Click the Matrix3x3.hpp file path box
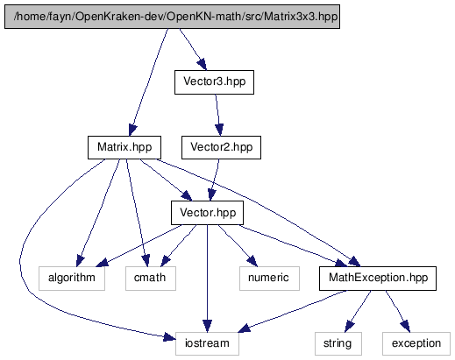[x=172, y=17]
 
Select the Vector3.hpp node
[x=214, y=82]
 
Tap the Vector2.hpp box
[x=221, y=147]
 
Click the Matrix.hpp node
[x=124, y=147]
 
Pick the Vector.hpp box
[x=207, y=213]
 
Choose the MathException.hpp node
[x=378, y=279]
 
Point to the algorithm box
[x=72, y=279]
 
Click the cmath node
[x=151, y=279]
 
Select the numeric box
[x=269, y=279]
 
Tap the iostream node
[x=207, y=343]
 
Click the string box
[x=338, y=343]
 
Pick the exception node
[x=416, y=343]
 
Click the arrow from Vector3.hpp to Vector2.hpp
[x=217, y=115]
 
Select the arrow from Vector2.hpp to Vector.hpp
[x=216, y=180]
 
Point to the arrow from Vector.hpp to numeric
[x=238, y=245]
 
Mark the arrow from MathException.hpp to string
[x=358, y=311]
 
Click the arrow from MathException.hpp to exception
[x=398, y=311]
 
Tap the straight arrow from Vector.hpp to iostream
[x=207, y=279]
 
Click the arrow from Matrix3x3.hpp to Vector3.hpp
[x=193, y=49]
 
